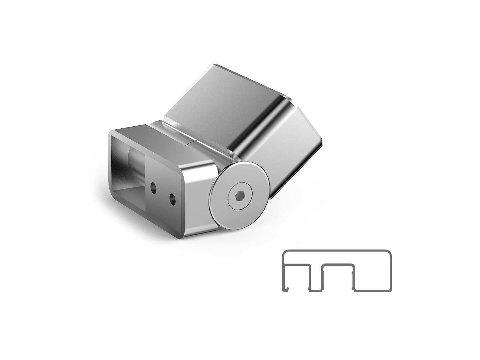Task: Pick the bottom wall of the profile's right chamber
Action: click(x=372, y=290)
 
